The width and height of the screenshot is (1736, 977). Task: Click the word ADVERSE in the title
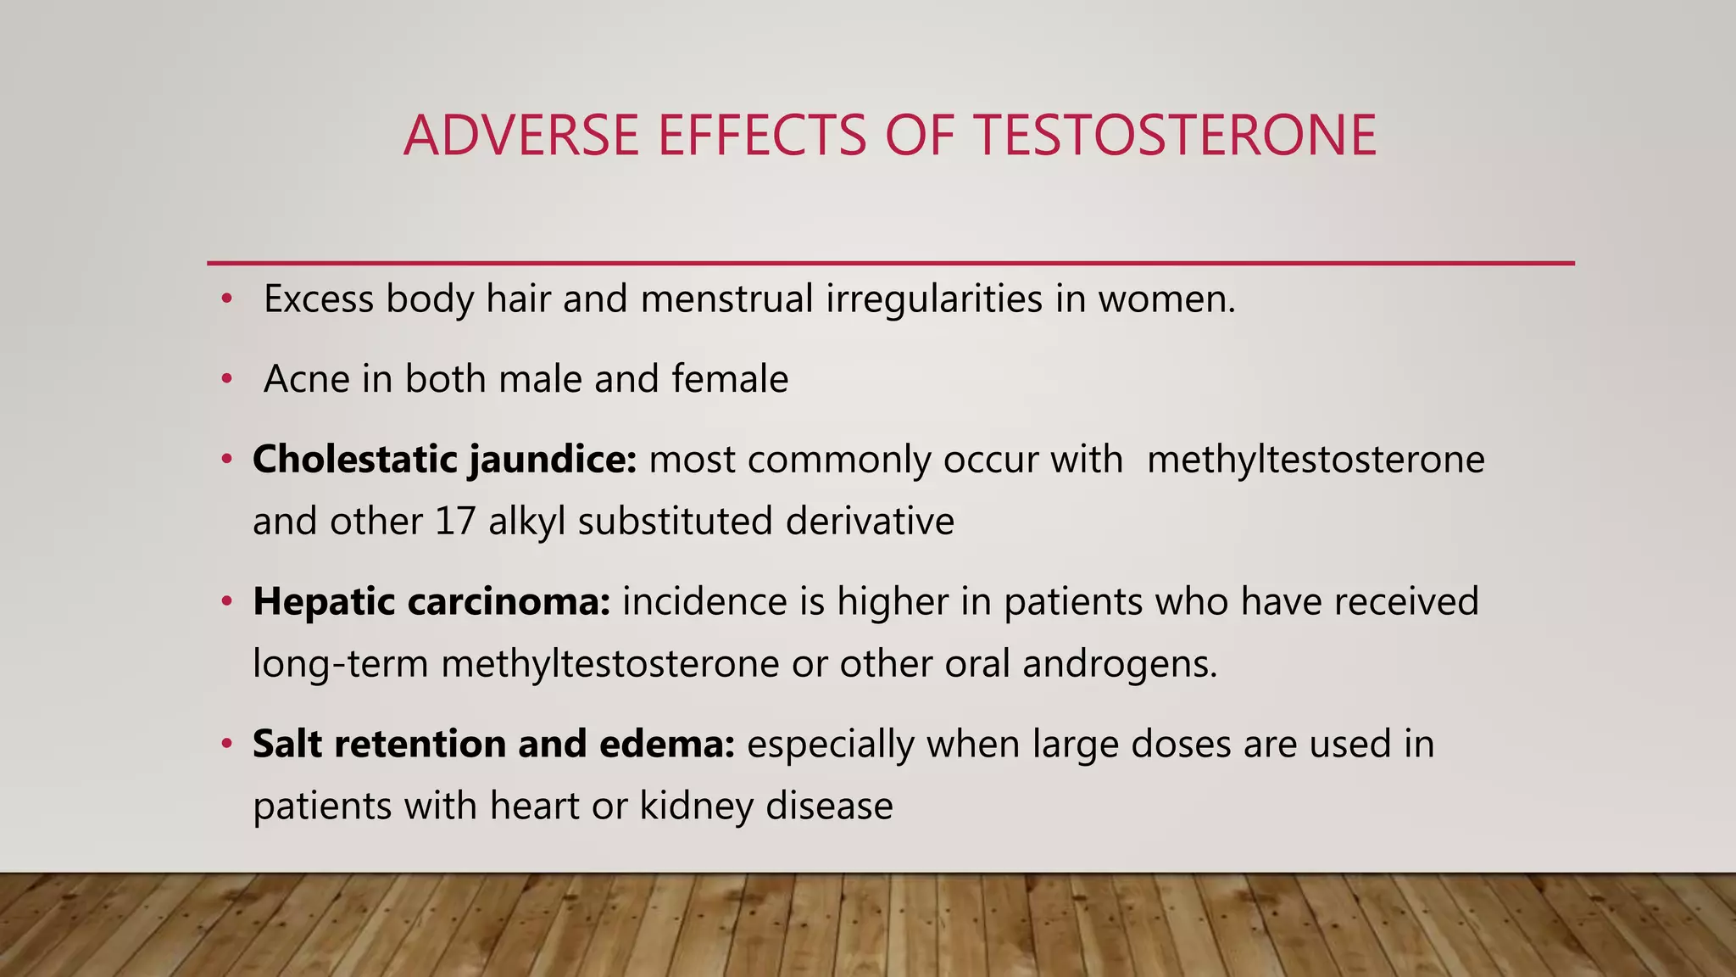point(520,136)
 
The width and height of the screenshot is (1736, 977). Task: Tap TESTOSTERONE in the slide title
point(1175,136)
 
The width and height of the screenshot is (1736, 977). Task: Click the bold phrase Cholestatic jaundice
point(444,460)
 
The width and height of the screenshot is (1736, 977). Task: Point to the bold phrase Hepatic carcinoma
point(431,601)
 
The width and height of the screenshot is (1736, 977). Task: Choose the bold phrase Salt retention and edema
point(493,744)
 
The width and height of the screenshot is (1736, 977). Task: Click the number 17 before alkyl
point(455,521)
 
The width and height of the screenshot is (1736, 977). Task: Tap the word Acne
point(307,378)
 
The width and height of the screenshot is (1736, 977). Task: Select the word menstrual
point(727,299)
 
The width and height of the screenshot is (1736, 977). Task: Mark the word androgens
point(1119,663)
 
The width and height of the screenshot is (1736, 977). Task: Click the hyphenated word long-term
point(341,663)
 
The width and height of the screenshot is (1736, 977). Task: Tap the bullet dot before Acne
point(226,380)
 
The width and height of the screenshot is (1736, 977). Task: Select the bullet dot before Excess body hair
point(226,299)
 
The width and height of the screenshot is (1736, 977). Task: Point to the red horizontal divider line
point(890,264)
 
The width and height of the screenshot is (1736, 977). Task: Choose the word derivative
point(870,521)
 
